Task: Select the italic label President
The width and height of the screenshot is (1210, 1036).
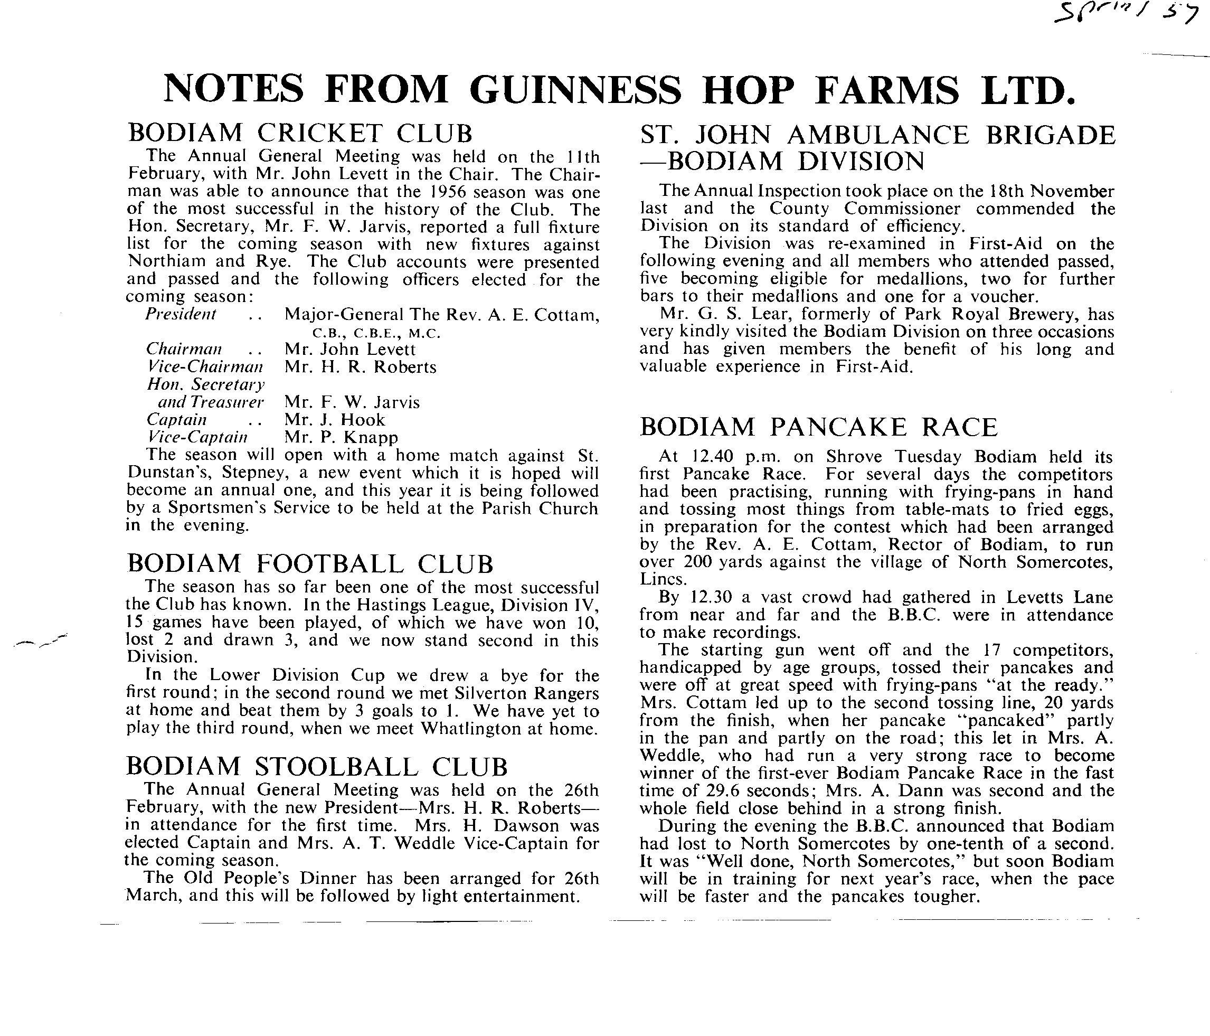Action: pyautogui.click(x=181, y=314)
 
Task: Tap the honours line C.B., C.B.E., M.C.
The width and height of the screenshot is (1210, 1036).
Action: pyautogui.click(x=376, y=334)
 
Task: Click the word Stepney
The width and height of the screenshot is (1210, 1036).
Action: pyautogui.click(x=252, y=473)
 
